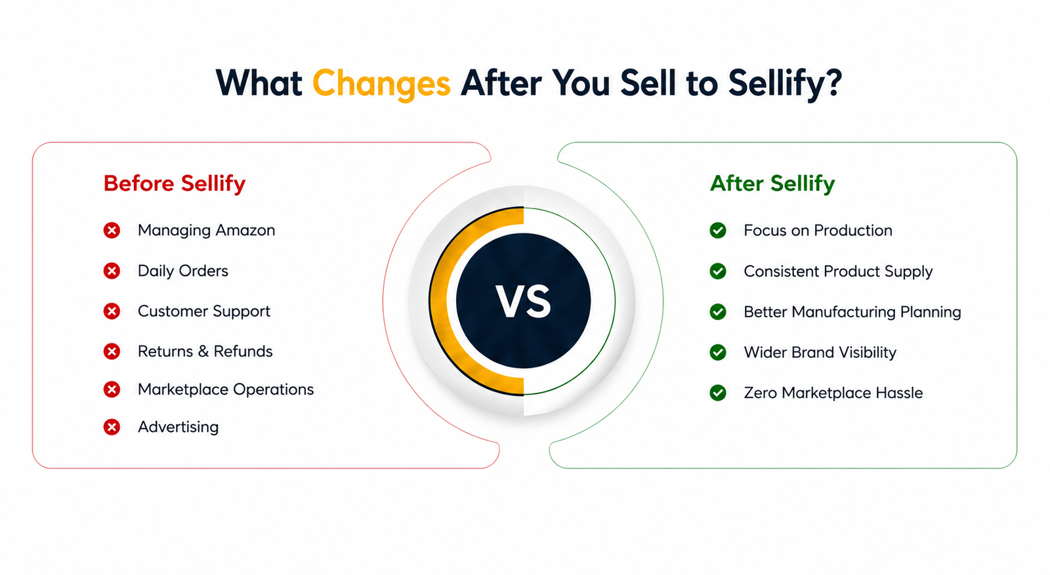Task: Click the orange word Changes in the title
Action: pyautogui.click(x=381, y=84)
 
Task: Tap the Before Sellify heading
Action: pyautogui.click(x=175, y=184)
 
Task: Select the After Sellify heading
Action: pyautogui.click(x=772, y=184)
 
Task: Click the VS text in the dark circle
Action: pyautogui.click(x=523, y=302)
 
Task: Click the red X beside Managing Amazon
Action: pyautogui.click(x=112, y=230)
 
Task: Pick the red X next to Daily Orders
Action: pyautogui.click(x=112, y=271)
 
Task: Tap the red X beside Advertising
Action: pyautogui.click(x=112, y=427)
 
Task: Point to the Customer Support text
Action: pyautogui.click(x=204, y=311)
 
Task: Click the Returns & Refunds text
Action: pyautogui.click(x=205, y=351)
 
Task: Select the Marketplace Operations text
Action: pyautogui.click(x=226, y=389)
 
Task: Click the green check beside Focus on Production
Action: pyautogui.click(x=718, y=230)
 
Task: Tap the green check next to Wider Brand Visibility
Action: pyautogui.click(x=718, y=352)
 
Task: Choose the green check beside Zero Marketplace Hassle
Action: pyautogui.click(x=718, y=393)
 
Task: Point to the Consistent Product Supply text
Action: pyautogui.click(x=838, y=271)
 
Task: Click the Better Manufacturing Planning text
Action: pyautogui.click(x=852, y=312)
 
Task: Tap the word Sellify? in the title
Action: pyautogui.click(x=785, y=84)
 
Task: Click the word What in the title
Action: pyautogui.click(x=259, y=83)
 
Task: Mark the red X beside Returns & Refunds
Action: pyautogui.click(x=112, y=351)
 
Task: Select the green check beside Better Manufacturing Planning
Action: pyautogui.click(x=718, y=312)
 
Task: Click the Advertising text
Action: pyautogui.click(x=178, y=427)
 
